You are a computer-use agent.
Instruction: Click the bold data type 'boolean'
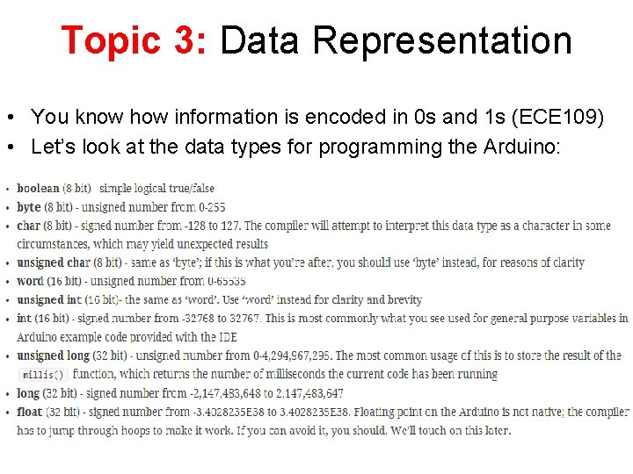click(38, 188)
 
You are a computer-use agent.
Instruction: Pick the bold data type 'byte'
click(29, 207)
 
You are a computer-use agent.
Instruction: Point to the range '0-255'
click(211, 207)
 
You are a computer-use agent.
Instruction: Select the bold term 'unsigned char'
click(53, 262)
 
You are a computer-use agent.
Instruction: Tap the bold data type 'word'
click(30, 281)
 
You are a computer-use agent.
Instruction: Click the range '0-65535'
click(226, 281)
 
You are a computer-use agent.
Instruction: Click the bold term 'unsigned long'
click(53, 355)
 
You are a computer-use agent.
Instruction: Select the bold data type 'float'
click(30, 412)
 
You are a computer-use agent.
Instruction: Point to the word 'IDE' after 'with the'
click(226, 337)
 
